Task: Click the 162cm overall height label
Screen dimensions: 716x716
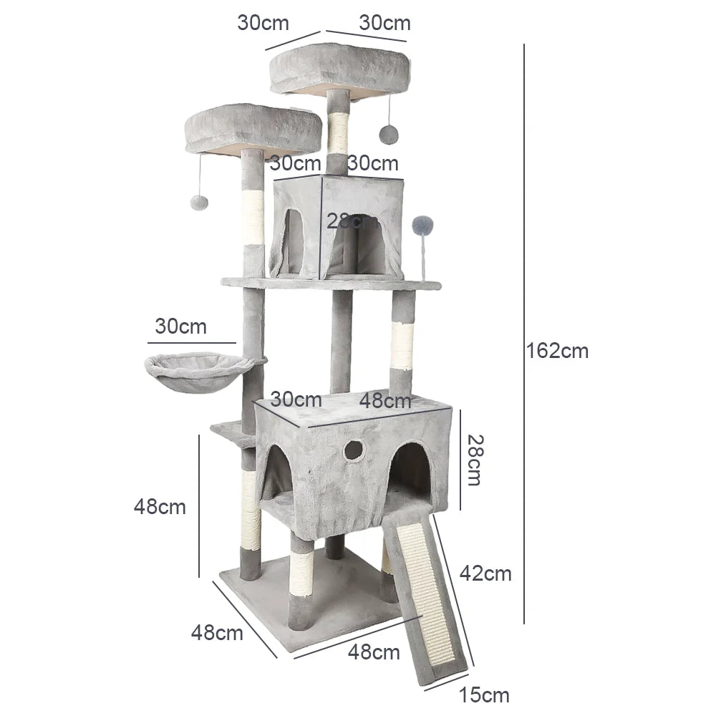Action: click(557, 351)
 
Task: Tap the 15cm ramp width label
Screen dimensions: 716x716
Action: click(485, 695)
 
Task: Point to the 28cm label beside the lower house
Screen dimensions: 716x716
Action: click(473, 460)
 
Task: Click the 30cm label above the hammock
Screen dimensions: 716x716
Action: click(180, 326)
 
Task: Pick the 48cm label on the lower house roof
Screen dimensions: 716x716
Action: click(385, 400)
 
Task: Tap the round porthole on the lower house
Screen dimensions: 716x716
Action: click(353, 450)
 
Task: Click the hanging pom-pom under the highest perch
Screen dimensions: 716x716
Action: click(389, 134)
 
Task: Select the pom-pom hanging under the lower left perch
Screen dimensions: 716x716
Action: click(199, 203)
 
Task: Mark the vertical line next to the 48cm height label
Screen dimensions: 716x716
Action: click(199, 505)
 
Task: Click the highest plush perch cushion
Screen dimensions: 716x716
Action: click(339, 68)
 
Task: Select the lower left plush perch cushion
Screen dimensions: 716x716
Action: click(252, 129)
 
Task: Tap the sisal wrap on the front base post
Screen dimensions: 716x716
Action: click(301, 574)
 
